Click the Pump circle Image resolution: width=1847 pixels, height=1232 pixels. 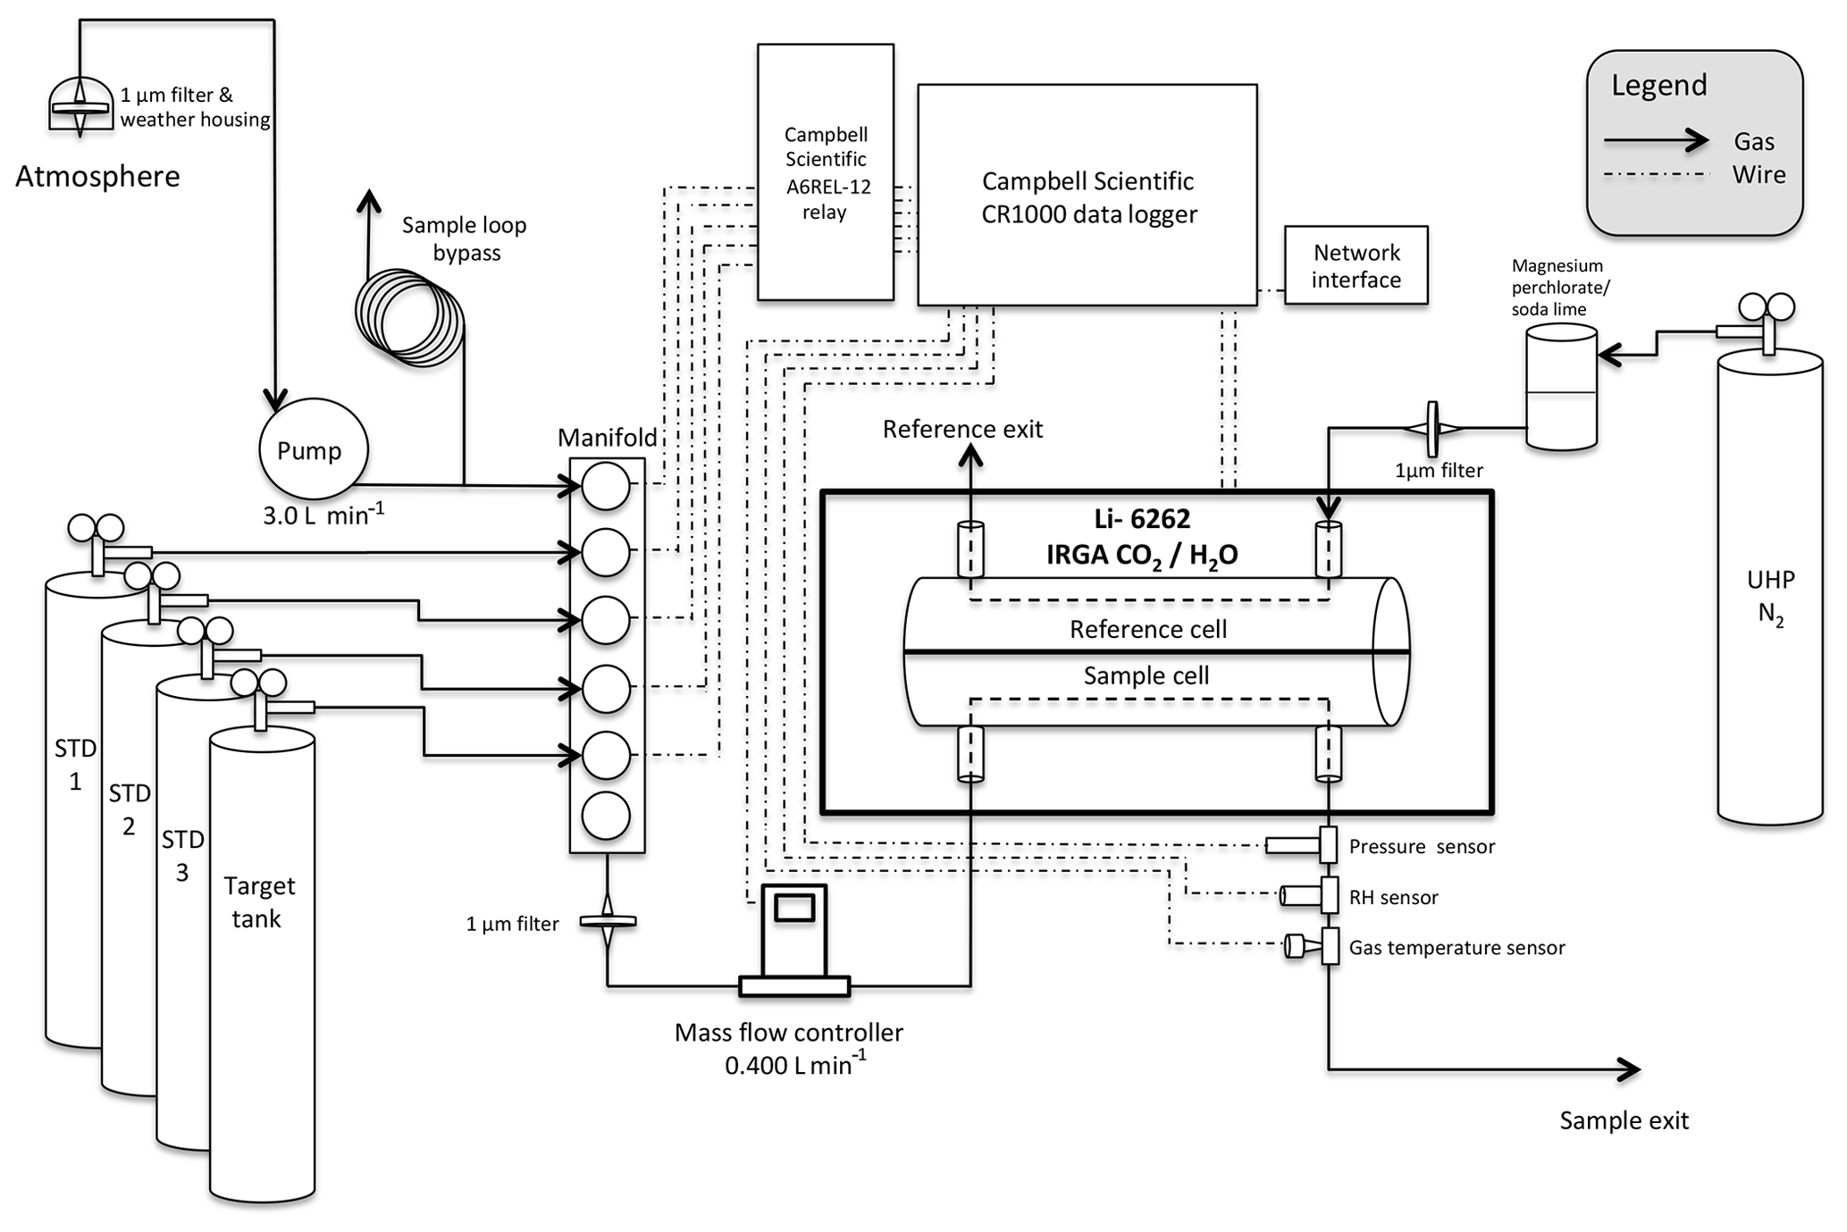pyautogui.click(x=313, y=449)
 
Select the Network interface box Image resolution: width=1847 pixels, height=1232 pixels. pyautogui.click(x=1356, y=265)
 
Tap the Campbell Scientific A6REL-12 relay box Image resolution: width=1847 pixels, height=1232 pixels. pyautogui.click(x=825, y=172)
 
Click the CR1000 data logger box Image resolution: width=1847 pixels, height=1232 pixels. pyautogui.click(x=1087, y=196)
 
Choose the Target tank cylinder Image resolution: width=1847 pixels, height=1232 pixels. pyautogui.click(x=262, y=965)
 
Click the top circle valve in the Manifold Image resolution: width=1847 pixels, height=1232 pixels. pyautogui.click(x=606, y=486)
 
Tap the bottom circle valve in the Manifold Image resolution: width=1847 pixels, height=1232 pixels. pyautogui.click(x=606, y=816)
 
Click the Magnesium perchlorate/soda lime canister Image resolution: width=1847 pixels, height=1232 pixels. pyautogui.click(x=1561, y=387)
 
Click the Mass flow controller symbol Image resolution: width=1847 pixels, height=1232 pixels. pyautogui.click(x=793, y=938)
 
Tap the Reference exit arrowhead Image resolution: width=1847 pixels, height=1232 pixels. pyautogui.click(x=970, y=456)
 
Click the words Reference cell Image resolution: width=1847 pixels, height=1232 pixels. pyautogui.click(x=1148, y=629)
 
